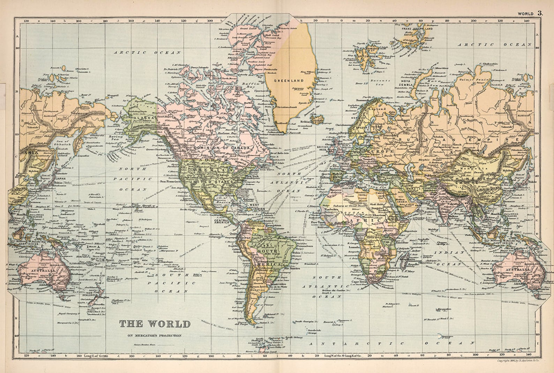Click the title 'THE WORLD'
(155, 324)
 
